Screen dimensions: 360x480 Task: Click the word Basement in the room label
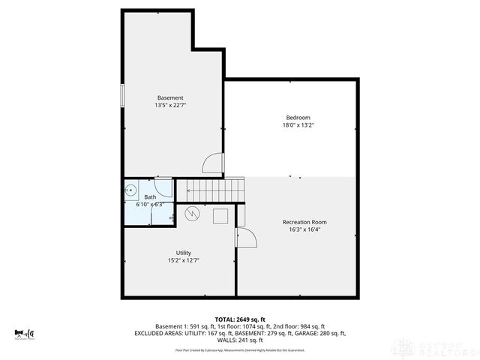170,98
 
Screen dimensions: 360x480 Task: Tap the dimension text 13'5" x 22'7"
170,106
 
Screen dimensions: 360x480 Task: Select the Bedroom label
297,117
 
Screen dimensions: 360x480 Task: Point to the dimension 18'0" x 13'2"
297,125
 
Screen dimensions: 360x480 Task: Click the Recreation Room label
304,222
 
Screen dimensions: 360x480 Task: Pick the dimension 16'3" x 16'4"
304,230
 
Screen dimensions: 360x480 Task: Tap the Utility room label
183,253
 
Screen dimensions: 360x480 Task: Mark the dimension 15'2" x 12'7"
183,260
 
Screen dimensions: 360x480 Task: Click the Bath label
150,197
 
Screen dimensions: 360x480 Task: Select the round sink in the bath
129,189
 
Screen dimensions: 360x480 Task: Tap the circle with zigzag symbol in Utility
193,214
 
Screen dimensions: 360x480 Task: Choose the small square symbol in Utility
220,216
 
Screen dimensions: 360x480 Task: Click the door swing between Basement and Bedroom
214,162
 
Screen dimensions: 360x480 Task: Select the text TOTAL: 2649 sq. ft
241,319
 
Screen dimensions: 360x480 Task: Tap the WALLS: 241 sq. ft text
241,340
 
